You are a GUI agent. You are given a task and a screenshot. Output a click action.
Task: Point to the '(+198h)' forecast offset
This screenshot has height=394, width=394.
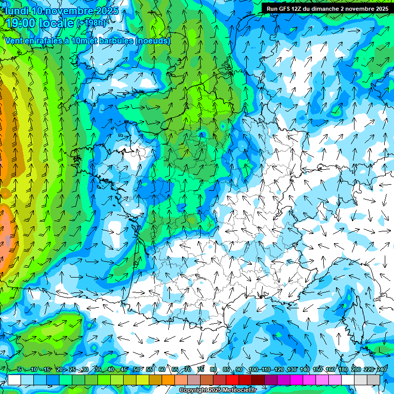pos(92,23)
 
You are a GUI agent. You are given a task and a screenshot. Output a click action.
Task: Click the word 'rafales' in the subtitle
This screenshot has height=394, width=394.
pos(50,41)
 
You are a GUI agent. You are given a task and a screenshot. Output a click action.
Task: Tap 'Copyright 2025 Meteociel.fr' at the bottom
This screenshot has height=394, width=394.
pos(218,390)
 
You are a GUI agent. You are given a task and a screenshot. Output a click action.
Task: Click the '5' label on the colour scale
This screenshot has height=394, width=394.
pos(19,369)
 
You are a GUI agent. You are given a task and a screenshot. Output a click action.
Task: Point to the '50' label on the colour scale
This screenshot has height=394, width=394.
pos(136,369)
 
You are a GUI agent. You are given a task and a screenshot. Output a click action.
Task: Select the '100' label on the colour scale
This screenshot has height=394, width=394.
pos(253,369)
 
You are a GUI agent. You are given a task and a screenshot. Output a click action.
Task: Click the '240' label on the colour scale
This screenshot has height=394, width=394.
pos(382,369)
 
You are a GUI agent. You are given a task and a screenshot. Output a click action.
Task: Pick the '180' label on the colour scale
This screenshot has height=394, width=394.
pos(343,369)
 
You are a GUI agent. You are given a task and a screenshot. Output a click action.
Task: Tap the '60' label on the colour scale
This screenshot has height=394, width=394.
pos(162,369)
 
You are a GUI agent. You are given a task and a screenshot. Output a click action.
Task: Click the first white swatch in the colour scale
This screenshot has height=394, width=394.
pos(14,380)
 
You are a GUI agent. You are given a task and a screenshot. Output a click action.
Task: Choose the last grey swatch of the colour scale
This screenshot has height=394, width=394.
pos(373,380)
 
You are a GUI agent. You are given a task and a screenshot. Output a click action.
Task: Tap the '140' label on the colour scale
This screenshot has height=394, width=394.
pos(305,369)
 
